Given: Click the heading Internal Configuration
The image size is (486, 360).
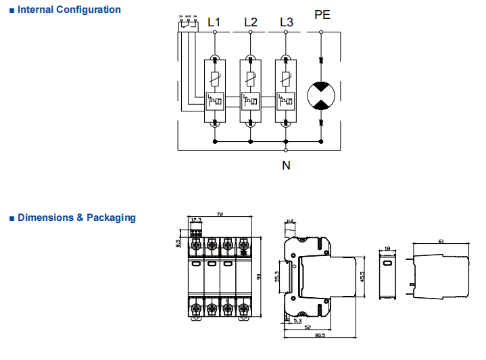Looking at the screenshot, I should (69, 10).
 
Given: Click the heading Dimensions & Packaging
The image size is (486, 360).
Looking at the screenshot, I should (76, 218).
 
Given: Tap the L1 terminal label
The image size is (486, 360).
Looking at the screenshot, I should (214, 22).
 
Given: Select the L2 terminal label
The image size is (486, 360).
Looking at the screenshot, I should (250, 22).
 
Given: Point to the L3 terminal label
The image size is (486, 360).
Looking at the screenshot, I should (286, 22).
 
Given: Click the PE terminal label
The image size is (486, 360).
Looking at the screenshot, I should (322, 14).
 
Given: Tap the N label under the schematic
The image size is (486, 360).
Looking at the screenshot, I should (286, 164).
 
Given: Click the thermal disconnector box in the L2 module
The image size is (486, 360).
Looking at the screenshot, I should (250, 102).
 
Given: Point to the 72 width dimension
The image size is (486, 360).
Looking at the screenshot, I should (220, 214).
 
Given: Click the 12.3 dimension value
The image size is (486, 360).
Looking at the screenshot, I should (197, 220).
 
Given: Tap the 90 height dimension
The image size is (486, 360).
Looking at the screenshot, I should (258, 276).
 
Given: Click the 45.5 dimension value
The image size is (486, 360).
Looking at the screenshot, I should (364, 276).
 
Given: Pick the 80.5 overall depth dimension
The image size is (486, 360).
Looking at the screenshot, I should (320, 335).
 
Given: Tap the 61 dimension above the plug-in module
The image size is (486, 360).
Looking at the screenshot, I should (441, 241).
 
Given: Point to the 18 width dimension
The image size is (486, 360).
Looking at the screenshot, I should (387, 249).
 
